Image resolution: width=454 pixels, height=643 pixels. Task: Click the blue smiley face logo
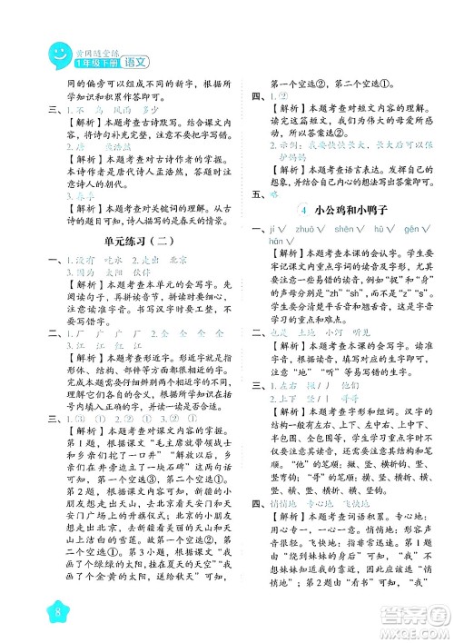pos(58,54)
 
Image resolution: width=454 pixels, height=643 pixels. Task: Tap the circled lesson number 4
pos(301,210)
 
